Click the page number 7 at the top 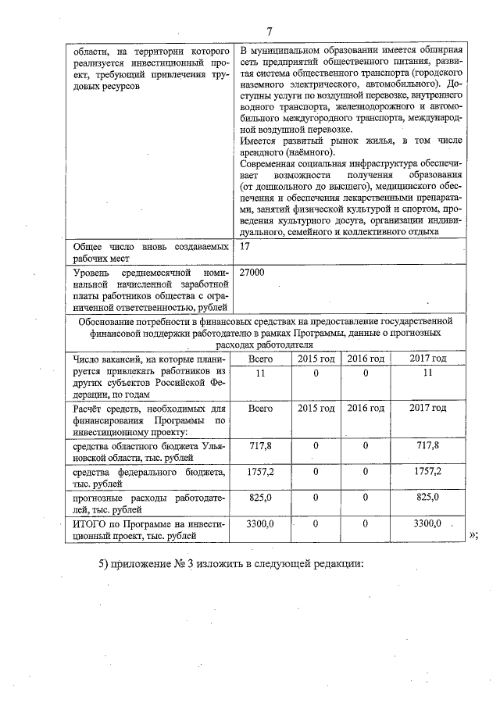click(x=269, y=31)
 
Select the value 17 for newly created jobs click(x=245, y=246)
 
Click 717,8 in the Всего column click(x=259, y=445)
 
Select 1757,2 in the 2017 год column click(x=427, y=472)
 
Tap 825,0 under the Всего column click(x=259, y=497)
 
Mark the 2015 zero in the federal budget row click(x=316, y=472)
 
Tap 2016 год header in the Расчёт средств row click(x=366, y=408)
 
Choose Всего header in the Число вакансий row click(x=259, y=358)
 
